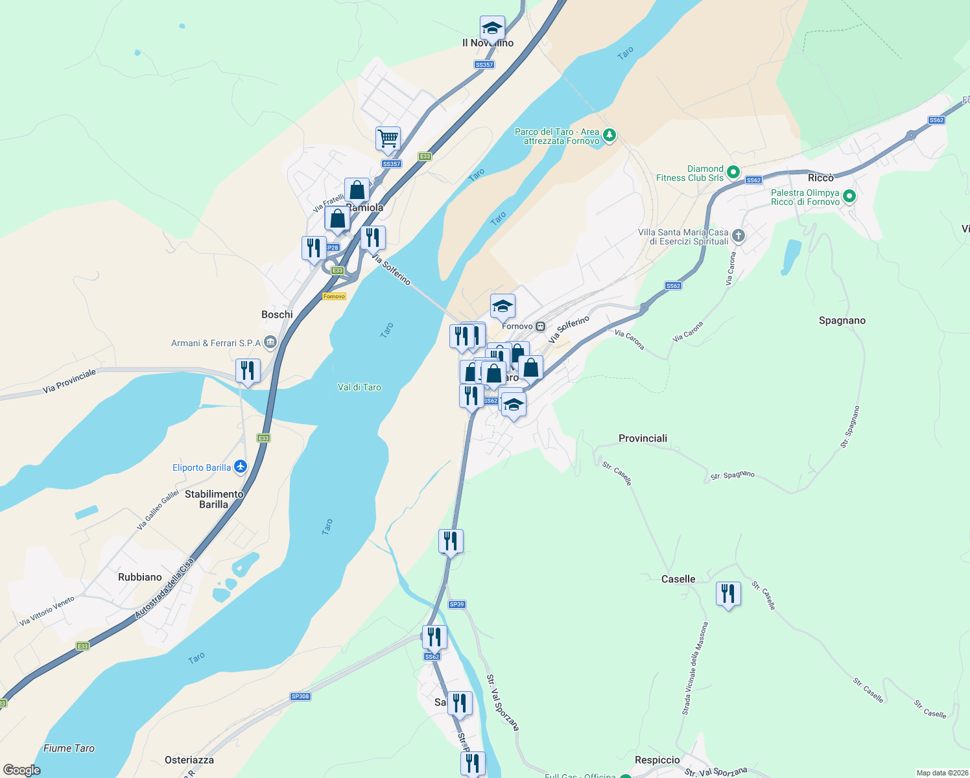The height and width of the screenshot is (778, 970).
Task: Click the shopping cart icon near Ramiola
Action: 388,137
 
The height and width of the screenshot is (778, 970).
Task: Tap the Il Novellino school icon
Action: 492,29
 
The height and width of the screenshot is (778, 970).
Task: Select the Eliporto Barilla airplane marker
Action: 241,467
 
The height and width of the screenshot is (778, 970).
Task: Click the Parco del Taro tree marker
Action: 609,136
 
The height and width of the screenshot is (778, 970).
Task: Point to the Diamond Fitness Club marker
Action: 733,172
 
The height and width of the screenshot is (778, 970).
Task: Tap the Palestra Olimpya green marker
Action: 849,196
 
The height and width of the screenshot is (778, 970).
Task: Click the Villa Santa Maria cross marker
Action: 738,236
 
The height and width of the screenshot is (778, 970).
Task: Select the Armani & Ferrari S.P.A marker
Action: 270,342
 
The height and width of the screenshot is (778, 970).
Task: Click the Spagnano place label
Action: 842,320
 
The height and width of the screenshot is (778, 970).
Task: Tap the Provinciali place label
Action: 643,438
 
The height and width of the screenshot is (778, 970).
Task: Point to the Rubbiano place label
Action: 140,577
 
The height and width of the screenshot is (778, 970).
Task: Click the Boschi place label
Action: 277,314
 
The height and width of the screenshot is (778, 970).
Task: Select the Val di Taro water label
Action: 359,387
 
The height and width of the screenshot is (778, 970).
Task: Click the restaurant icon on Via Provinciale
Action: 248,371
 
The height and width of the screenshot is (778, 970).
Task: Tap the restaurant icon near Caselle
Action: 728,594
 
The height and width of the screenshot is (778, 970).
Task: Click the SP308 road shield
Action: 300,696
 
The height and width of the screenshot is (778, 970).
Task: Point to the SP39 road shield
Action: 457,604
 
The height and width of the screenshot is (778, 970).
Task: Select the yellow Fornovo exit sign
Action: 334,296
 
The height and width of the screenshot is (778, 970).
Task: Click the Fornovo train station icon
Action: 540,326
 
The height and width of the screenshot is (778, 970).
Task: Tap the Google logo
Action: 22,770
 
